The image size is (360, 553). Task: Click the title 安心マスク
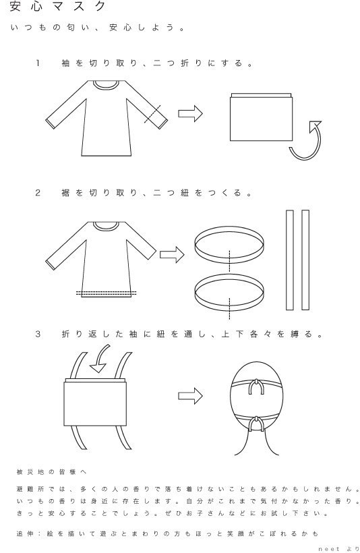point(58,6)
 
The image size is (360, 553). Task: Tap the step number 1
point(38,63)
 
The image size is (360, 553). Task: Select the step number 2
point(38,193)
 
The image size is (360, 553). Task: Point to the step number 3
point(38,334)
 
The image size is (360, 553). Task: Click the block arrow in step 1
point(190,113)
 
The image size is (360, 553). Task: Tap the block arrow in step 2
point(172,254)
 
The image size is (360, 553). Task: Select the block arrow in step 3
point(190,396)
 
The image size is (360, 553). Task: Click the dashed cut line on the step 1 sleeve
point(152,113)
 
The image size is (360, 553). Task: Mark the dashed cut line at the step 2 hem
point(106,293)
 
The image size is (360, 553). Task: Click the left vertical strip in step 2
point(290,260)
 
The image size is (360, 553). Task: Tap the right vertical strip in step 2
point(305,260)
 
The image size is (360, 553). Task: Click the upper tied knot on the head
point(256,386)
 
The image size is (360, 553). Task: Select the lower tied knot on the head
point(256,424)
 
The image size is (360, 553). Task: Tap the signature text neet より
point(338,549)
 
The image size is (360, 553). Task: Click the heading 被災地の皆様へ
point(51,472)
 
